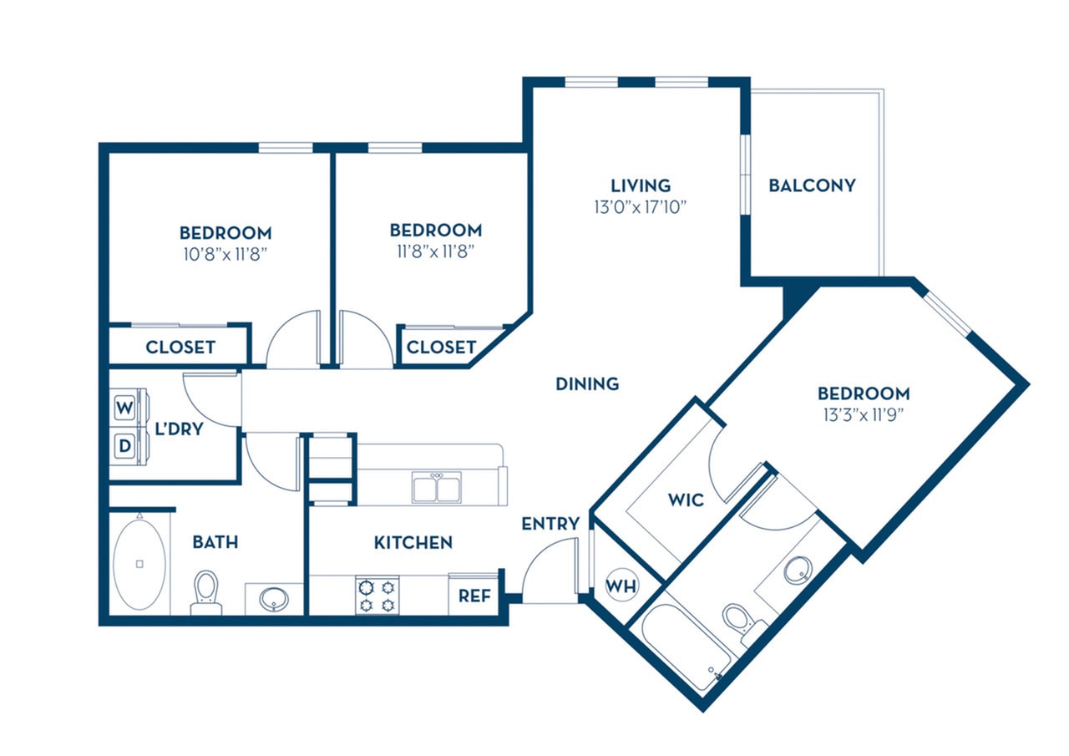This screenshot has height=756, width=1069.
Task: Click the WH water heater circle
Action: tap(621, 586)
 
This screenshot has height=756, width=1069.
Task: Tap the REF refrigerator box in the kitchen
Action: tap(474, 596)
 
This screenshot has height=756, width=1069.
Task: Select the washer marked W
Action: tap(124, 408)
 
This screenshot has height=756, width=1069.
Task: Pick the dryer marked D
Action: tap(124, 446)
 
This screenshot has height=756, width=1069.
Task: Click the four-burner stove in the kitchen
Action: tap(377, 596)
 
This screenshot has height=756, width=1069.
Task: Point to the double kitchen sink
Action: tap(436, 487)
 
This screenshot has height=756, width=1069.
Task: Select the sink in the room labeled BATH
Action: tap(273, 599)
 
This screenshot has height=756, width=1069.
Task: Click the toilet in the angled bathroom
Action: tap(736, 621)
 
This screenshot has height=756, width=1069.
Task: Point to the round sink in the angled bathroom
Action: tap(798, 570)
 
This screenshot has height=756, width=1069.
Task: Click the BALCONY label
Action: tap(812, 185)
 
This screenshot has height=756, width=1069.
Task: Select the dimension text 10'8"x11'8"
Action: tap(225, 253)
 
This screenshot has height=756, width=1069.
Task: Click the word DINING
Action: tap(588, 383)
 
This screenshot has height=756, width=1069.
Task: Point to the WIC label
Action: tap(686, 500)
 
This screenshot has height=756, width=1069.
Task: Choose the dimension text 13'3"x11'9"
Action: tap(863, 414)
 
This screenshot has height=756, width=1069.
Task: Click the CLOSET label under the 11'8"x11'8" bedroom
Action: tap(441, 347)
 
